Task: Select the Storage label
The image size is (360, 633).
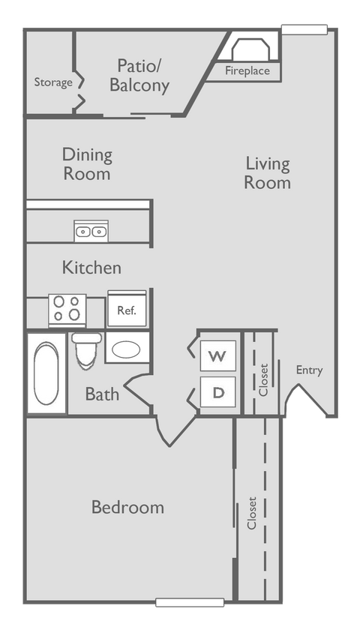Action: [52, 82]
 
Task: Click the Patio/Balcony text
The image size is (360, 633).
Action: [139, 75]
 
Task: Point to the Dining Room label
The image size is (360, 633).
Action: [87, 164]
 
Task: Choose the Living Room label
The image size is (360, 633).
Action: [268, 172]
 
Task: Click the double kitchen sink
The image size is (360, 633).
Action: [91, 231]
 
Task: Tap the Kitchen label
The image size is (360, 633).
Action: [91, 268]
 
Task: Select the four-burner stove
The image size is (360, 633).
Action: [67, 309]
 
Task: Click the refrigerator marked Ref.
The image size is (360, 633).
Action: [126, 309]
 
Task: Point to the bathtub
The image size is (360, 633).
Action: [46, 373]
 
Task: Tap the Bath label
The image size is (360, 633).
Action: [102, 394]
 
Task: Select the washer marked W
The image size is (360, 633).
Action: [217, 355]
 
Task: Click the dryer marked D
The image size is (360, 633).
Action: [217, 391]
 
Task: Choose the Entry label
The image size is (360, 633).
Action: [309, 370]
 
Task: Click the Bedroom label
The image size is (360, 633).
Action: [127, 508]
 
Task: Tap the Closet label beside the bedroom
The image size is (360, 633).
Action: [252, 513]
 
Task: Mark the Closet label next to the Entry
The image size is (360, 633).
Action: [263, 380]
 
